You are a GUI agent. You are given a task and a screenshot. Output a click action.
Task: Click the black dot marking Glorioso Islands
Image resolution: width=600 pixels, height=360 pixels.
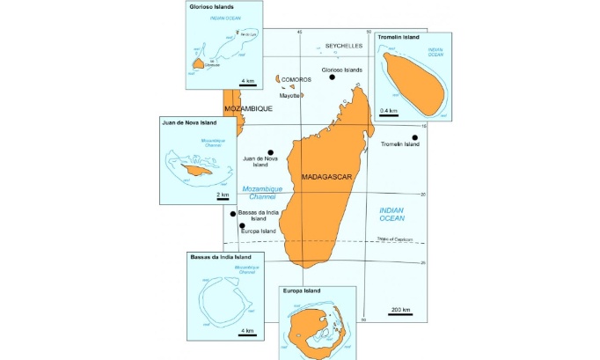coord(333,77)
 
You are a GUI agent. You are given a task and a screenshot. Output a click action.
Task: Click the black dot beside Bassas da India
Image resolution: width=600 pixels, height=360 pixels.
coord(232,214)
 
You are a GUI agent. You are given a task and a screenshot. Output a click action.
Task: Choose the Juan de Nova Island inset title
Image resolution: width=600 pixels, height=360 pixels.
coord(191,123)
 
